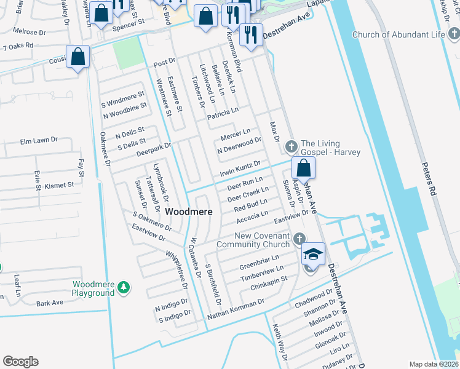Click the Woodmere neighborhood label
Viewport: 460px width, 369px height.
tap(189, 212)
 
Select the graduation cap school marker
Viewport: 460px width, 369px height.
tap(313, 254)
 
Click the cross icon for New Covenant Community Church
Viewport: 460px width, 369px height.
tap(299, 239)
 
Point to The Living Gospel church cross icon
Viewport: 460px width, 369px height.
tap(291, 146)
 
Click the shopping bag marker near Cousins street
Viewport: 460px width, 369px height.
tap(78, 57)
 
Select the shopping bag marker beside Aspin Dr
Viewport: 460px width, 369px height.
tap(303, 168)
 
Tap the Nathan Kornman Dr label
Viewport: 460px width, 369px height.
tap(236, 307)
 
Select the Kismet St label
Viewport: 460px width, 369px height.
tap(59, 184)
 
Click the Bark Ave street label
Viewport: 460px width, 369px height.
tap(49, 303)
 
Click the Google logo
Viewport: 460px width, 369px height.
tap(20, 362)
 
